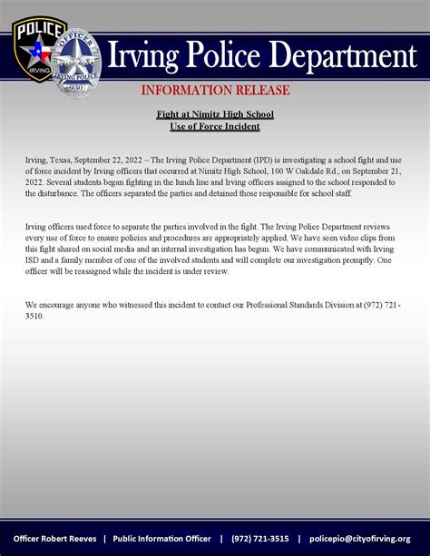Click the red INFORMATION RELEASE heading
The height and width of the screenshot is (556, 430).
[x=215, y=91]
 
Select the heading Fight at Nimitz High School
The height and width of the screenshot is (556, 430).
[x=215, y=114]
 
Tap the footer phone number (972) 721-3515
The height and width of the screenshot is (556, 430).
[x=260, y=538]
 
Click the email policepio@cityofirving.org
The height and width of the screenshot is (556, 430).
[x=359, y=538]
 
